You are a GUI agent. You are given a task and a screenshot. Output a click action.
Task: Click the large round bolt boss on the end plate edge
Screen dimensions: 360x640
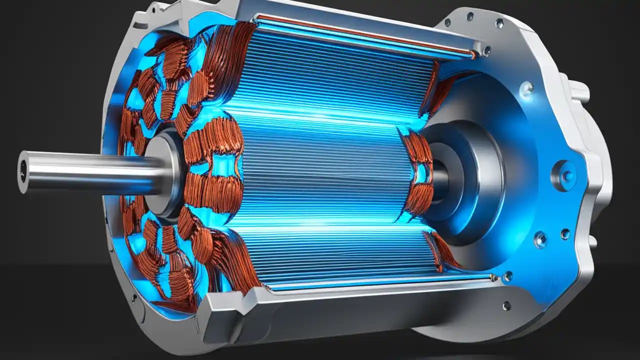pyautogui.click(x=564, y=175)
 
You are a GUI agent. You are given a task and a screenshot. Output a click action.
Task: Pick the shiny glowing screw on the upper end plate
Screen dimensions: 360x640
pyautogui.click(x=526, y=89)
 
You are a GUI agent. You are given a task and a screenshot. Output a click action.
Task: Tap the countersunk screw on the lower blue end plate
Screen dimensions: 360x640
pyautogui.click(x=540, y=239)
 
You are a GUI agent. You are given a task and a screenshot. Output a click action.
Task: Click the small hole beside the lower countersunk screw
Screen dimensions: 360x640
pyautogui.click(x=565, y=233)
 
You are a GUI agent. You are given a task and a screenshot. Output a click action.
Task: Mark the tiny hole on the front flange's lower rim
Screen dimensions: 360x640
pyautogui.click(x=134, y=299)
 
